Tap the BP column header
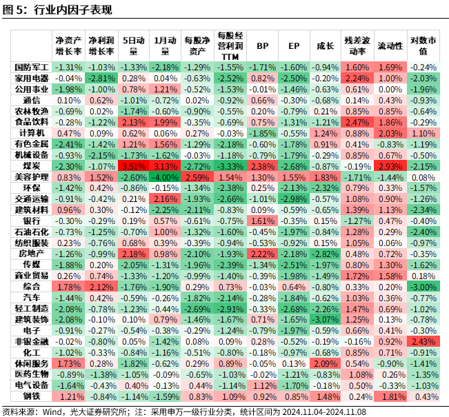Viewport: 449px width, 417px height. pos(262,45)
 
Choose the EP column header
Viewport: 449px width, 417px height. pos(294,45)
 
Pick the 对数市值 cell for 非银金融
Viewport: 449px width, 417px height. pos(423,340)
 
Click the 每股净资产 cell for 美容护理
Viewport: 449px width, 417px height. pos(197,176)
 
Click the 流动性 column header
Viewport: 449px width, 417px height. pos(390,45)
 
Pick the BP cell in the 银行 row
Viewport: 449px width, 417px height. pos(262,221)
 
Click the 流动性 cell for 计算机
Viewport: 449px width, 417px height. pos(390,132)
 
